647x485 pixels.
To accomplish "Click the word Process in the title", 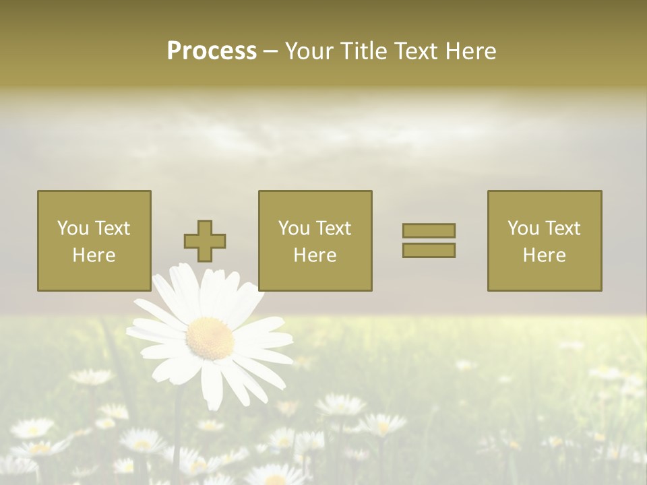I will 212,51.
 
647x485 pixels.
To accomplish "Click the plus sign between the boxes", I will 205,241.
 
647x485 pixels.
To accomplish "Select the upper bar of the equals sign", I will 429,230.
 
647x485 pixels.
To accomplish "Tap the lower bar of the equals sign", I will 429,251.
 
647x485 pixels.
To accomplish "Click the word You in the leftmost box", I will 71,228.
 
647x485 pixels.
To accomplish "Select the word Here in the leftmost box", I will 94,255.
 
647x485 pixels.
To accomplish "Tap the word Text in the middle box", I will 333,228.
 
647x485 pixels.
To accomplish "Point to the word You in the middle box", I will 293,228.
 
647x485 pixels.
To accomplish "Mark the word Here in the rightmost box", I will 544,255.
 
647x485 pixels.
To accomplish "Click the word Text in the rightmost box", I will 562,228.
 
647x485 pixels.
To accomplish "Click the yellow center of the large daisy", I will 210,338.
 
